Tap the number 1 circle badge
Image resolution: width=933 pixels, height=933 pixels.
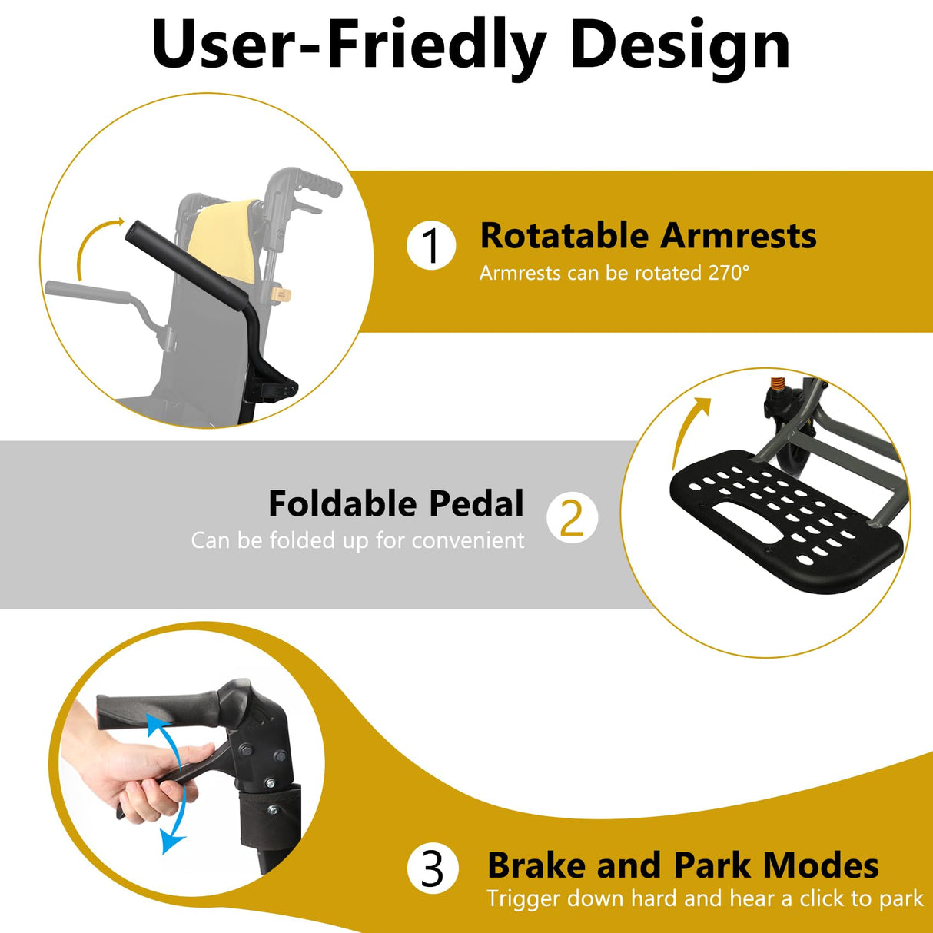[431, 246]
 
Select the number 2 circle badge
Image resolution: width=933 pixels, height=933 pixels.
[572, 518]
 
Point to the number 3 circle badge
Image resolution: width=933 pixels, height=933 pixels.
[433, 868]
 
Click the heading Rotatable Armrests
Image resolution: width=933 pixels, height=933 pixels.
[648, 236]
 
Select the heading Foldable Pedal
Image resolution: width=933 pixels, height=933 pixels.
[396, 504]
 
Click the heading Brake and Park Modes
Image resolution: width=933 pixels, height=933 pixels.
[683, 865]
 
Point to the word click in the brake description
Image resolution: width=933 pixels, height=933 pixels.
[824, 898]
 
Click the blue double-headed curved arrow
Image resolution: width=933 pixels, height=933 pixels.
[171, 784]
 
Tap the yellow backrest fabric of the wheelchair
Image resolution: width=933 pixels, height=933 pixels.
[231, 238]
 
